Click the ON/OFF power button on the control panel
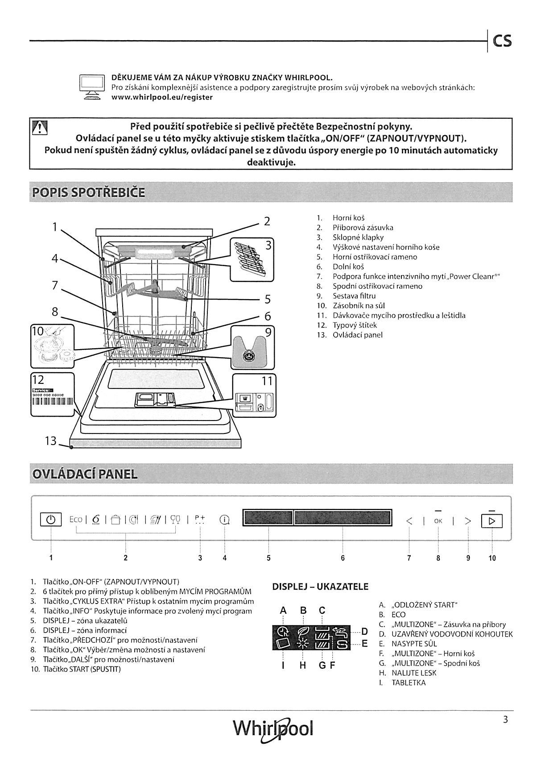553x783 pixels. point(51,520)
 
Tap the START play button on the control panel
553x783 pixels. point(492,521)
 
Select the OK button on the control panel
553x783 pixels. point(438,521)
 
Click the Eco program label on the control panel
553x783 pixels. point(75,520)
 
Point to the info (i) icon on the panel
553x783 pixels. point(224,520)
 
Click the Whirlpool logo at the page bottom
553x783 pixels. point(273,729)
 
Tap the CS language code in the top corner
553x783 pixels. point(502,42)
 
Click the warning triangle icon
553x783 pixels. point(40,129)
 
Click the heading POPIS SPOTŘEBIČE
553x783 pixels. point(88,193)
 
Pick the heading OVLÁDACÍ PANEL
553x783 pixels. point(84,474)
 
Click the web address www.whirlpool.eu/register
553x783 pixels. point(162,97)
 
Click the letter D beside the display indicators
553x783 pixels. point(364,632)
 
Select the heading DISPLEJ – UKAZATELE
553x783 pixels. point(320,587)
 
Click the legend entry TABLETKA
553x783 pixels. point(409,683)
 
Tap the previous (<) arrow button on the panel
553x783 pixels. point(409,521)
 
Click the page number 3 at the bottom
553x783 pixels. point(505,720)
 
